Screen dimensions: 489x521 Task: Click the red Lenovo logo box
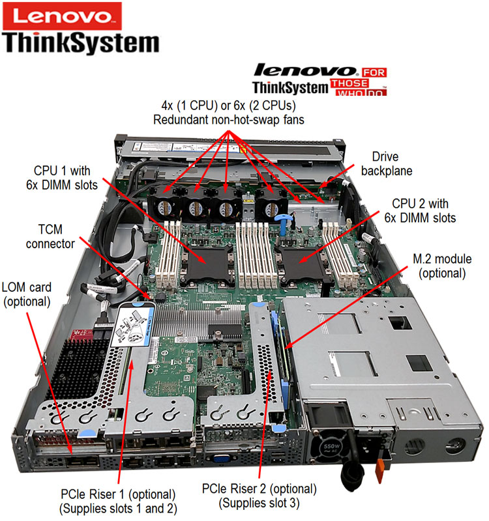click(62, 16)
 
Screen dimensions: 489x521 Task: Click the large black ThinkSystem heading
click(81, 44)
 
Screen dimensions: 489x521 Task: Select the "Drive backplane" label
click(387, 164)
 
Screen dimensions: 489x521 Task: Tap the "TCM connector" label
click(50, 236)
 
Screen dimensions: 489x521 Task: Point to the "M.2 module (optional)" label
click(442, 266)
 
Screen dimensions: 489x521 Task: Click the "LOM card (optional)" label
click(27, 295)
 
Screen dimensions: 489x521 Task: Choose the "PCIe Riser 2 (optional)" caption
click(259, 489)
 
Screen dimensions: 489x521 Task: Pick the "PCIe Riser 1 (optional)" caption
click(118, 494)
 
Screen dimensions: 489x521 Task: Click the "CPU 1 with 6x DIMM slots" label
click(62, 178)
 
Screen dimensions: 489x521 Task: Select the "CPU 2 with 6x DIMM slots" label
click(420, 210)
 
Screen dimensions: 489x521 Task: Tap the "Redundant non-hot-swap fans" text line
click(229, 120)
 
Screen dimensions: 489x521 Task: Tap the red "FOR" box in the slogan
click(374, 72)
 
